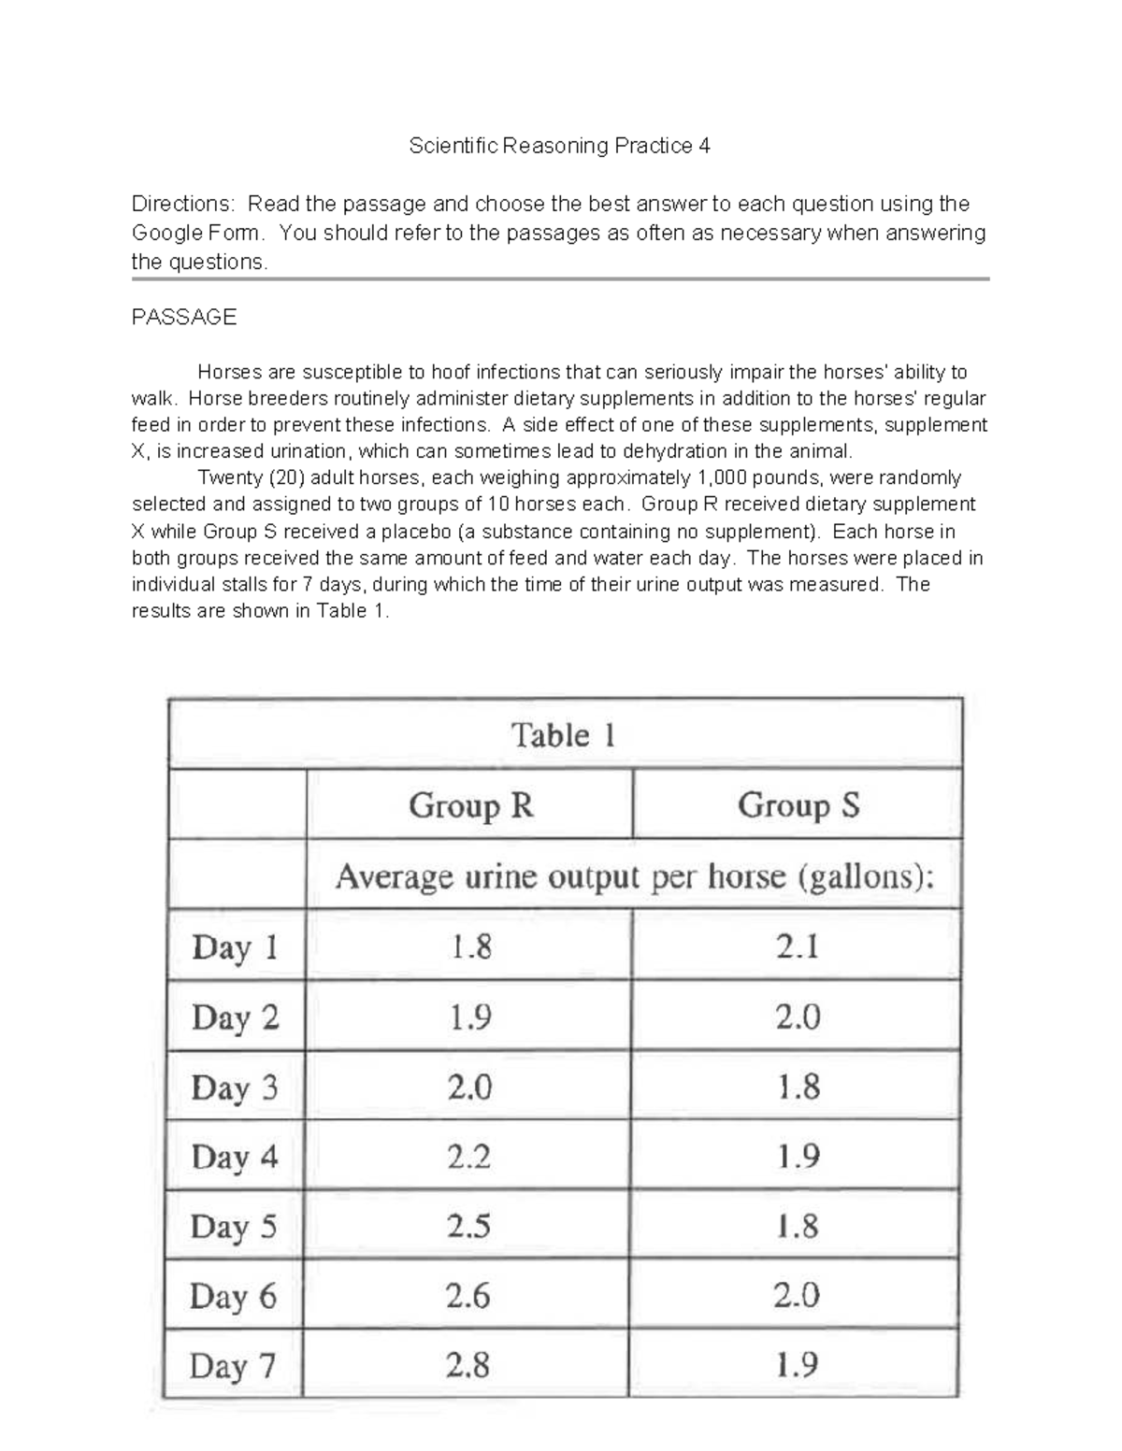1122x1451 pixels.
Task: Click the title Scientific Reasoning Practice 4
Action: (559, 146)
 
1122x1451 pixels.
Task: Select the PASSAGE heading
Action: (184, 317)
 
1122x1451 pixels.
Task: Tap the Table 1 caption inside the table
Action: (563, 735)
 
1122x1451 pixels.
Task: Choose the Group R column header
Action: (470, 804)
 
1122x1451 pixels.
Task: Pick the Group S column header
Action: (798, 804)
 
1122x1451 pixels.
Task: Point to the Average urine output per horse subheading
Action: (634, 876)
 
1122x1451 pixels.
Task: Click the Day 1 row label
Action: (235, 947)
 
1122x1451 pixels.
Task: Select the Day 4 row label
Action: (235, 1157)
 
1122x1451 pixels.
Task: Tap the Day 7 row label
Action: (233, 1366)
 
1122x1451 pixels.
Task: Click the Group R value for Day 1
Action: (469, 947)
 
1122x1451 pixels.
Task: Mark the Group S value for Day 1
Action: (798, 947)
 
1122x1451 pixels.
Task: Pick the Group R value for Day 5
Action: (468, 1226)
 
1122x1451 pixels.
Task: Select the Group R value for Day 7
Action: (467, 1366)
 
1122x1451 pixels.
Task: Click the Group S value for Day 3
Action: (798, 1087)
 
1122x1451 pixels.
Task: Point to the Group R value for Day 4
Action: (468, 1157)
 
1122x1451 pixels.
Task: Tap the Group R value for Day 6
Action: (468, 1296)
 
